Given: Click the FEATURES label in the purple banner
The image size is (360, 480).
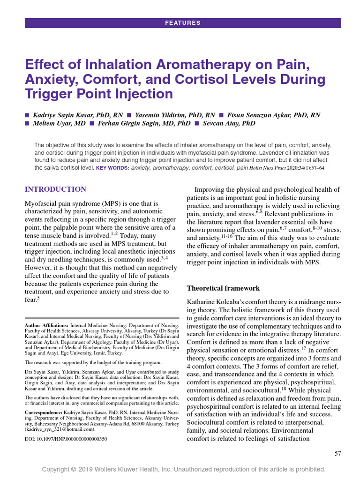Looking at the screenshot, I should pyautogui.click(x=183, y=23).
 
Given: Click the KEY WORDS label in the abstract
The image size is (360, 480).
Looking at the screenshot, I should pyautogui.click(x=112, y=167).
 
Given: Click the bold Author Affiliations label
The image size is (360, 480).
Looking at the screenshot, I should pyautogui.click(x=46, y=325).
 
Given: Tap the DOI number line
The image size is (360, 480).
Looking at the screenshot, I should pyautogui.click(x=66, y=439).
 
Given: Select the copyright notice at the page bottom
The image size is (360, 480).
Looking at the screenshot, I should pyautogui.click(x=183, y=469).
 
